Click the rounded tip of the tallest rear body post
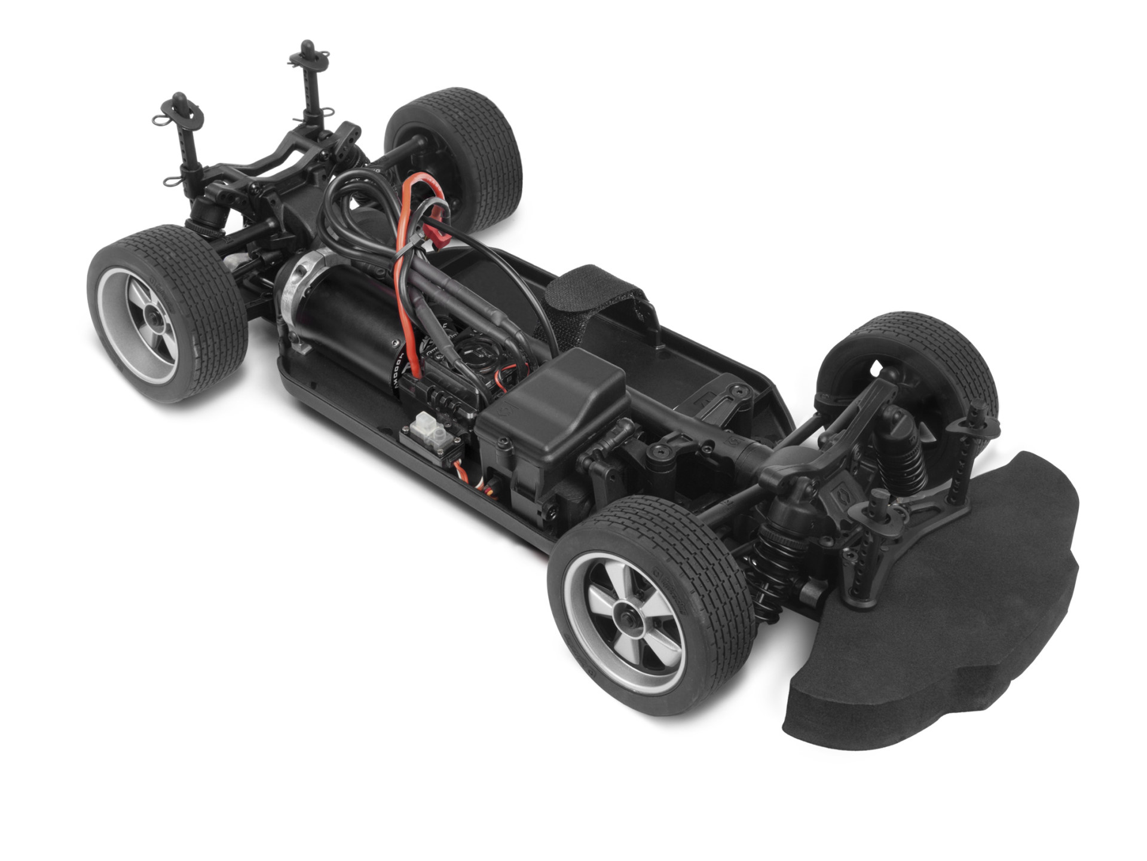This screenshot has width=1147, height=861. pos(308,47)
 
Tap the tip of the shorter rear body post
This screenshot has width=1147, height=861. pos(178,97)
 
